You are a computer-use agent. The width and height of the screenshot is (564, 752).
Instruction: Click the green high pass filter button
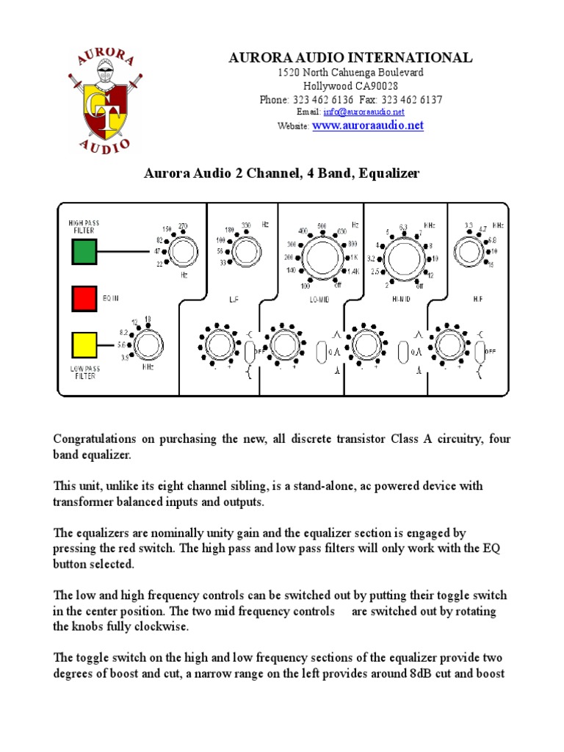click(x=84, y=252)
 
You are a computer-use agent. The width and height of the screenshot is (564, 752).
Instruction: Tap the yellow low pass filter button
click(x=84, y=344)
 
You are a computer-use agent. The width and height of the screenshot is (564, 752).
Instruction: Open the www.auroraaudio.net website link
click(x=368, y=126)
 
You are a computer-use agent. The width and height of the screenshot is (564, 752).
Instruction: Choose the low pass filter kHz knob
click(x=146, y=344)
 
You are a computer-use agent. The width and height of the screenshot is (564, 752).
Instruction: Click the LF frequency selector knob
click(x=244, y=249)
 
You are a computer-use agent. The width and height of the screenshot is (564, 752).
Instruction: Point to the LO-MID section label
click(x=319, y=300)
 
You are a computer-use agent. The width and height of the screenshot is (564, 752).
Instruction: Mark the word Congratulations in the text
click(x=93, y=438)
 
